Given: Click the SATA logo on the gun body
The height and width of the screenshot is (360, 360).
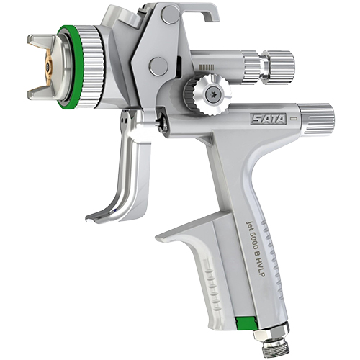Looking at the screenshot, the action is click(269, 119).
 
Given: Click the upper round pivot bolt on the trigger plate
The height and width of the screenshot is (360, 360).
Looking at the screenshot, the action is click(171, 14).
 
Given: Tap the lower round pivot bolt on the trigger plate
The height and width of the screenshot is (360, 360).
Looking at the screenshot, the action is click(158, 65).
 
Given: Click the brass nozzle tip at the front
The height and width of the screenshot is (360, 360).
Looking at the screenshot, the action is click(48, 65).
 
